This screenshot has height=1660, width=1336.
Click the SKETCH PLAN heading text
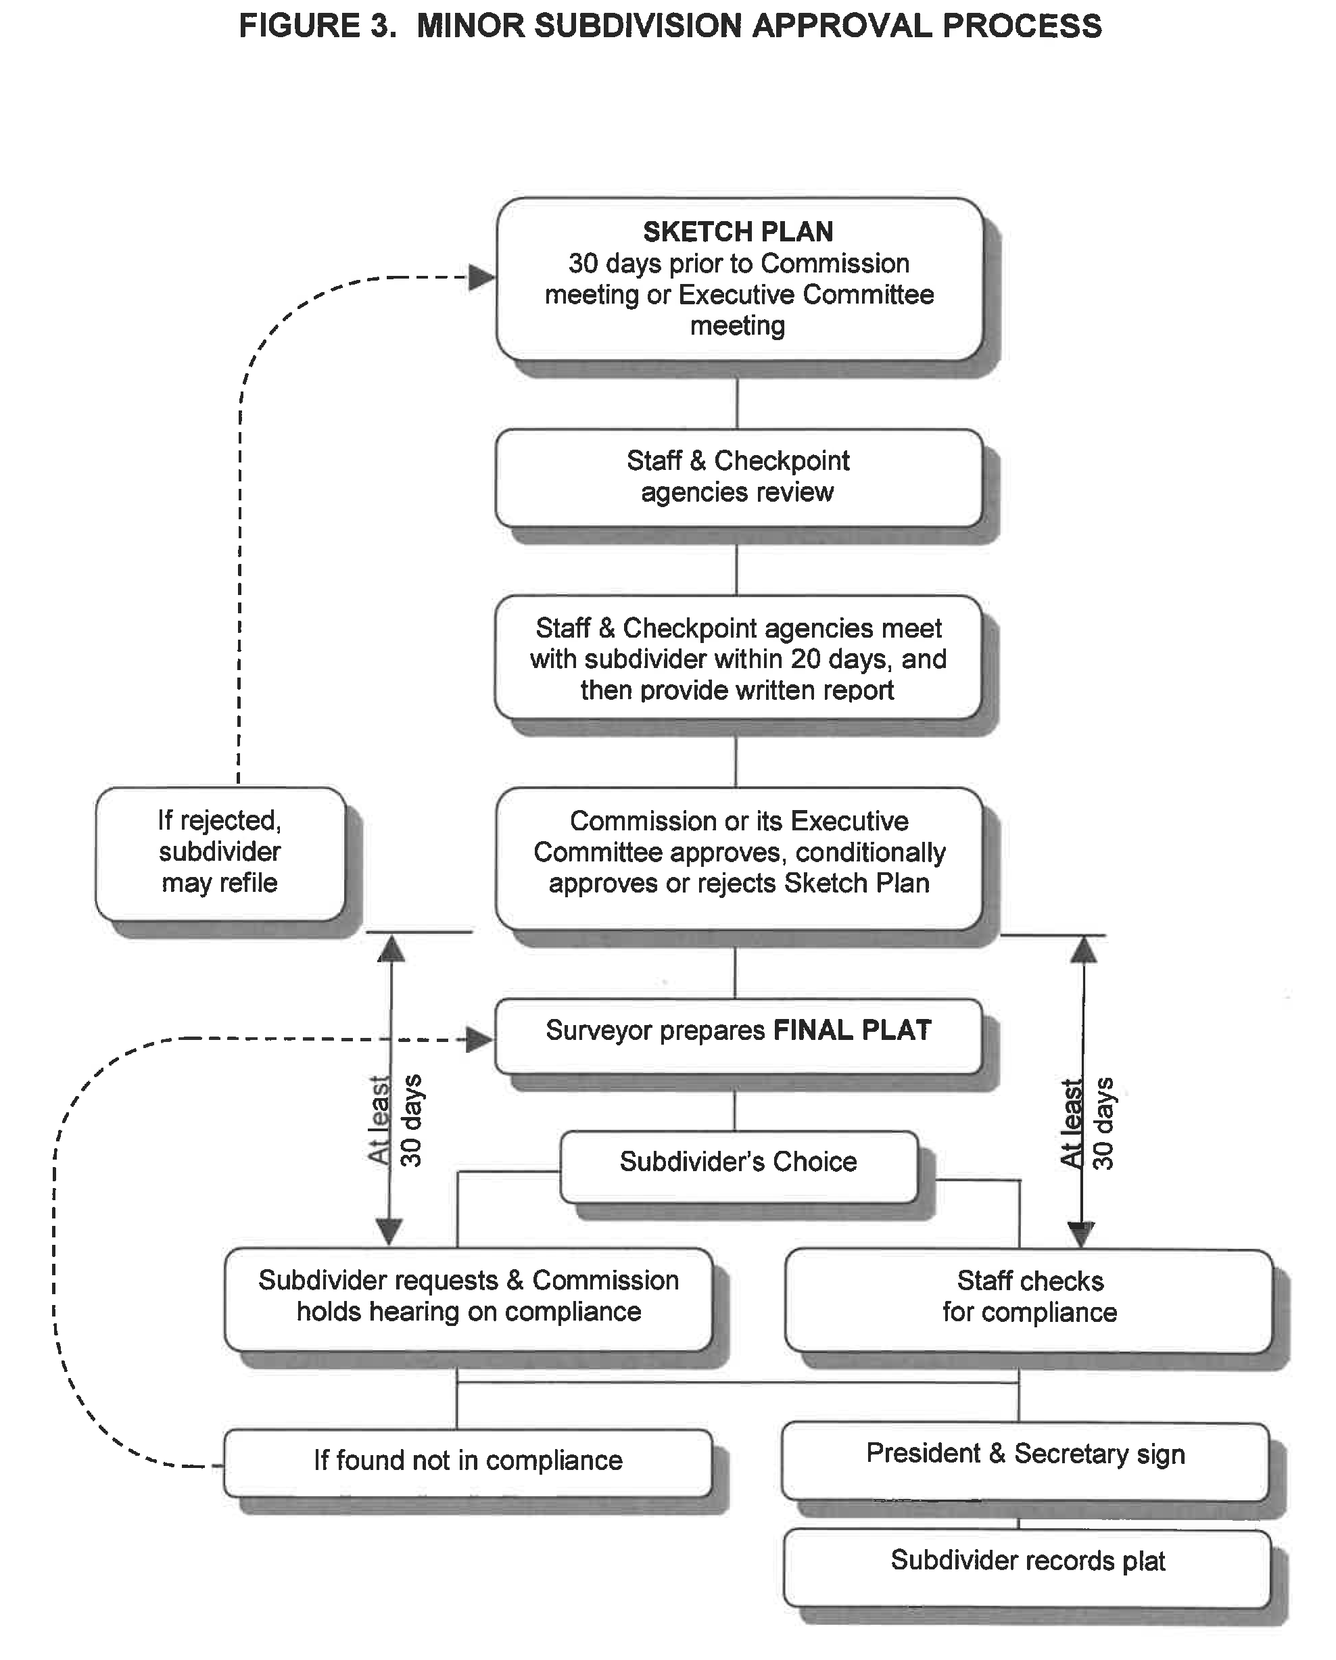pos(738,232)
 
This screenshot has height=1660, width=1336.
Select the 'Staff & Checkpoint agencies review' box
pos(738,477)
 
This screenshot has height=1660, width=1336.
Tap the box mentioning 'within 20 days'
pos(738,659)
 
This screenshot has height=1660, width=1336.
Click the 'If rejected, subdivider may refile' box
pos(220,853)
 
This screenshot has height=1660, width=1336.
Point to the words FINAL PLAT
pos(853,1030)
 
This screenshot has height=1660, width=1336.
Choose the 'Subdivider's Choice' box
pos(738,1162)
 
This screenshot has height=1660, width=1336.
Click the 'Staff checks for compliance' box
pos(1029,1297)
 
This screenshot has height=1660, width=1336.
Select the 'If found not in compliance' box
pos(467,1461)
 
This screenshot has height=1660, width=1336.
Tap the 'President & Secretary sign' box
pos(1025,1454)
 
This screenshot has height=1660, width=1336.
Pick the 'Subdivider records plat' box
pos(1027,1561)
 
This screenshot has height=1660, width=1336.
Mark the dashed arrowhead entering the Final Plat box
pos(479,1040)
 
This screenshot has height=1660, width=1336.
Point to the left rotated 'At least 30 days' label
pos(395,1120)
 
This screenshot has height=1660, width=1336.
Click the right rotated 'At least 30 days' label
pos(1087,1123)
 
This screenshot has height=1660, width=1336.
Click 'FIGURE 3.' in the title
pos(317,26)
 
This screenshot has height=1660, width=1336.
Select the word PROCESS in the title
pos(1022,26)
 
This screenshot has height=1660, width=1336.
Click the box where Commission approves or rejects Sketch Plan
pos(738,853)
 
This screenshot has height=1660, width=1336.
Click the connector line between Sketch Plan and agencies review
pos(737,403)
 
